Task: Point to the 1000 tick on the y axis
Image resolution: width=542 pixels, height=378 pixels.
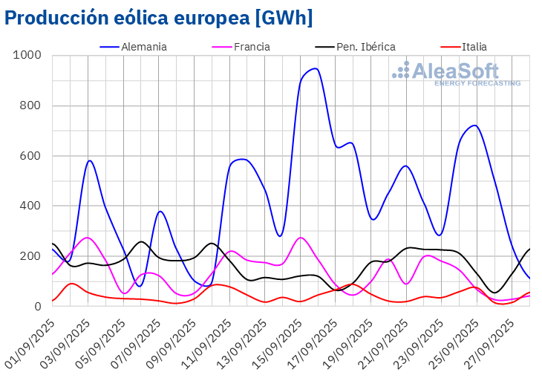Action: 27,56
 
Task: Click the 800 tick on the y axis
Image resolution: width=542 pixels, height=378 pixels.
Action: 30,106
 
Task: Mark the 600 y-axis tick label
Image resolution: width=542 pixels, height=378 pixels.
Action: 30,156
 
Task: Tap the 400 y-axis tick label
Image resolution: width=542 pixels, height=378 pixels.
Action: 30,206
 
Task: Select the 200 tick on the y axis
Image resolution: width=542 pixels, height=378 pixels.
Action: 30,256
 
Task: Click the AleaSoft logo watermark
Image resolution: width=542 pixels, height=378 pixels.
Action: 456,74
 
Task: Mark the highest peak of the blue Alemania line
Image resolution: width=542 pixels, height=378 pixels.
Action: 315,68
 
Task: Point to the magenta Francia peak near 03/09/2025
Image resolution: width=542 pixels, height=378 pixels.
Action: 88,238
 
